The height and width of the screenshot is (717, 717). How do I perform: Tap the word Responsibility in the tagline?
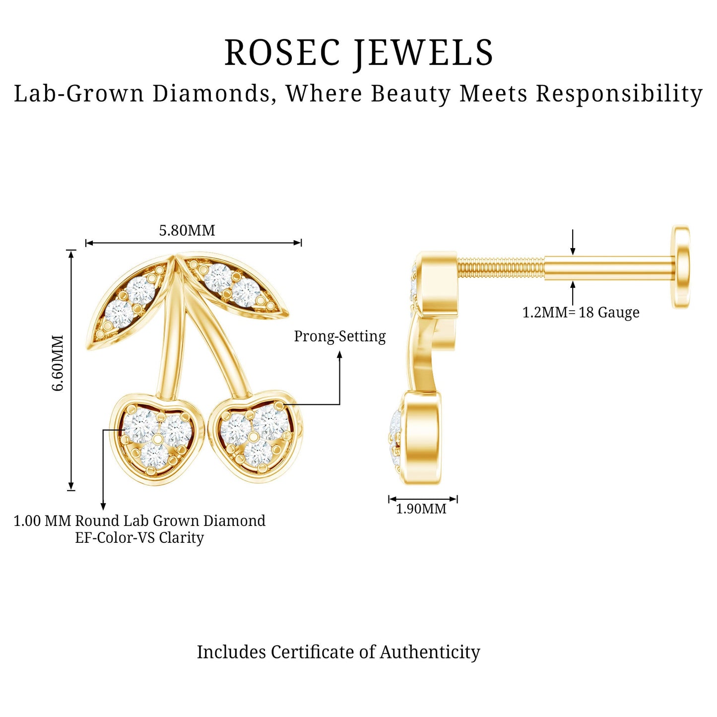(619, 94)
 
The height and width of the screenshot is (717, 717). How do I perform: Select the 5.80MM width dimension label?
(187, 231)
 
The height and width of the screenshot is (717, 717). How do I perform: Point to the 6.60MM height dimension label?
(58, 363)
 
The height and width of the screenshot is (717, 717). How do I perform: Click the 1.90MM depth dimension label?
(421, 509)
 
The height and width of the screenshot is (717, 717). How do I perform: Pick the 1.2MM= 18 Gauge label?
(581, 313)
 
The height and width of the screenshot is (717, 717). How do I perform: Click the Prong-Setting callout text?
(340, 337)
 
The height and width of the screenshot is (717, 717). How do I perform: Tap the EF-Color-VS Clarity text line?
(139, 538)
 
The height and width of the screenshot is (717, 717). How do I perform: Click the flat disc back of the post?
(681, 267)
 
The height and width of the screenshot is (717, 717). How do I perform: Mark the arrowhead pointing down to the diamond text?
(103, 507)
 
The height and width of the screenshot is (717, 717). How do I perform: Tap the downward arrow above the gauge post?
(573, 242)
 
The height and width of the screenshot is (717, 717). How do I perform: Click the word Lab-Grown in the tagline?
(79, 94)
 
